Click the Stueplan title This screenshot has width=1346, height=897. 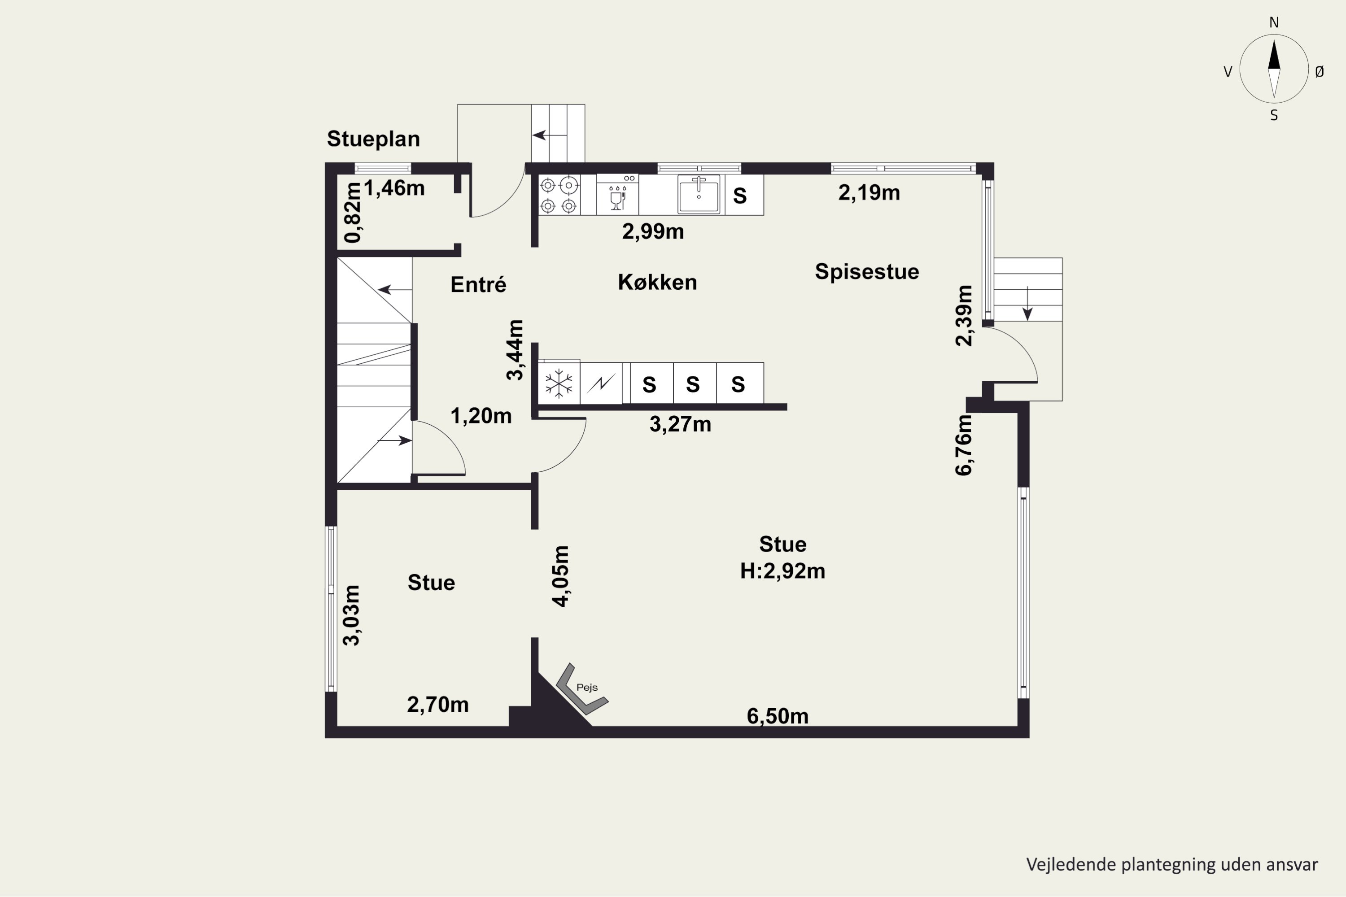pyautogui.click(x=373, y=139)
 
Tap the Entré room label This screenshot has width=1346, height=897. pyautogui.click(x=478, y=284)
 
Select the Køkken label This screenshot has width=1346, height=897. pyautogui.click(x=658, y=282)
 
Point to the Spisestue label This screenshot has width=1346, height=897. pyautogui.click(x=867, y=272)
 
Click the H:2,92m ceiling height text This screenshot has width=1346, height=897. pyautogui.click(x=782, y=571)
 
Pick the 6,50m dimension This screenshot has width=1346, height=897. pyautogui.click(x=778, y=716)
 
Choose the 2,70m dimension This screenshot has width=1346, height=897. pyautogui.click(x=438, y=705)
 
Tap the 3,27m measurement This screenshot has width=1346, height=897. pyautogui.click(x=681, y=424)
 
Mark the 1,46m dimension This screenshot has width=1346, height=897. pyautogui.click(x=394, y=188)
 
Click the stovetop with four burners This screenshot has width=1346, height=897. pyautogui.click(x=559, y=195)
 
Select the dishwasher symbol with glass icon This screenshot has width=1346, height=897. pyautogui.click(x=617, y=195)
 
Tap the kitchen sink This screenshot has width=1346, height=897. pyautogui.click(x=699, y=195)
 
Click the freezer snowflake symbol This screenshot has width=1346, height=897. pyautogui.click(x=559, y=383)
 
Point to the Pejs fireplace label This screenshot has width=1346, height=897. pyautogui.click(x=587, y=688)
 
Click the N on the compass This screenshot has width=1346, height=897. pyautogui.click(x=1274, y=22)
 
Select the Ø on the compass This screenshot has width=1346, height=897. pyautogui.click(x=1320, y=71)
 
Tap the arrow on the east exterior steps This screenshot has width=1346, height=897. pyautogui.click(x=1028, y=303)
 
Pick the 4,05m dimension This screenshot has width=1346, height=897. pyautogui.click(x=561, y=576)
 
